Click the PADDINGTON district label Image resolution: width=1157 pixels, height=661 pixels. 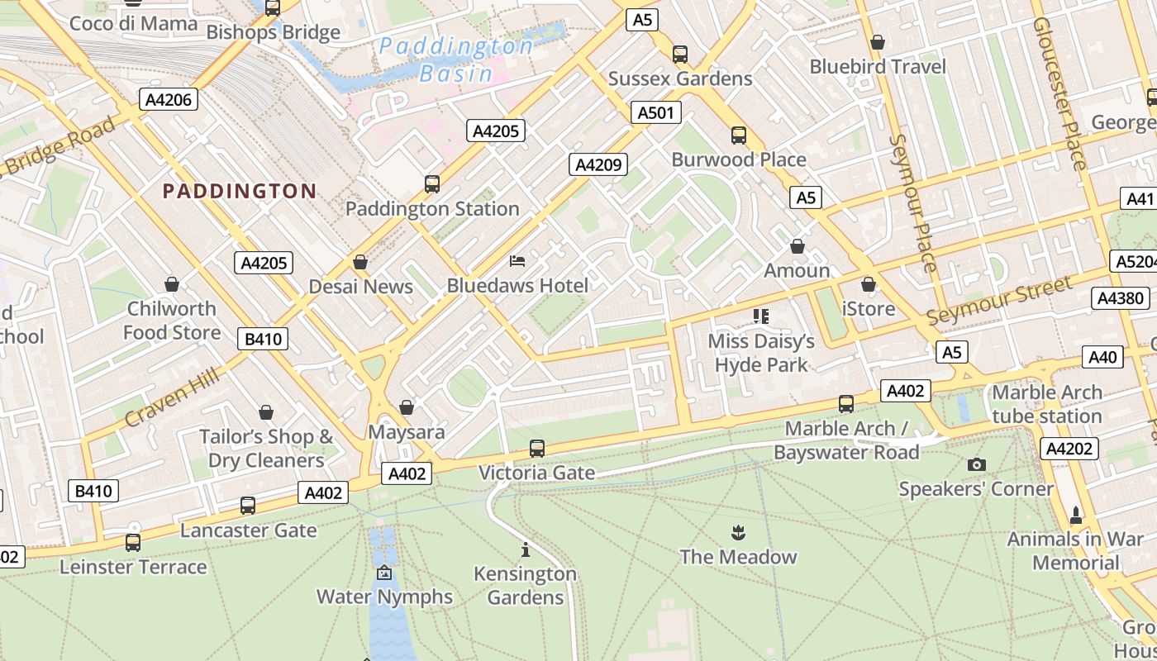[x=240, y=192]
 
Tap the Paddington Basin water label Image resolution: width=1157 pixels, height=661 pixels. [x=456, y=59]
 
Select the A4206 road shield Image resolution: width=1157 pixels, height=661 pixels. [x=168, y=100]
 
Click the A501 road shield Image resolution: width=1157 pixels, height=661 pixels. [x=656, y=112]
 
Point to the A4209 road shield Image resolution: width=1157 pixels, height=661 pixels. [x=598, y=164]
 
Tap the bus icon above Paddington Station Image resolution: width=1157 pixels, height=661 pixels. [x=432, y=183]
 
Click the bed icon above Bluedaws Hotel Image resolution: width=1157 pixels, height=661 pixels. [x=517, y=261]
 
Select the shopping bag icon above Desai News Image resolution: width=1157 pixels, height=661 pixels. [x=360, y=262]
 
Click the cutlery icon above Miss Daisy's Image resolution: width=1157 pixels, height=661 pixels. [x=761, y=316]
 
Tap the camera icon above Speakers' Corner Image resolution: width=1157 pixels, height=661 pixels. [x=976, y=464]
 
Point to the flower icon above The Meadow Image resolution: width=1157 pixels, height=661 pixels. [x=738, y=532]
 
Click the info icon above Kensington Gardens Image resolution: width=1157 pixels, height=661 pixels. [x=525, y=549]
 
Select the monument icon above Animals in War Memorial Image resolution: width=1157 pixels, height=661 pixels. [x=1075, y=515]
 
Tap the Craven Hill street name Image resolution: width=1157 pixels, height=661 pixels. [x=172, y=398]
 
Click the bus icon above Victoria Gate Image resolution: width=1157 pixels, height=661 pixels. [x=537, y=448]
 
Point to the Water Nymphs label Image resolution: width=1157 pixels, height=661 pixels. [x=384, y=597]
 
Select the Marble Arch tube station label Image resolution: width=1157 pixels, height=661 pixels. [x=1047, y=404]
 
